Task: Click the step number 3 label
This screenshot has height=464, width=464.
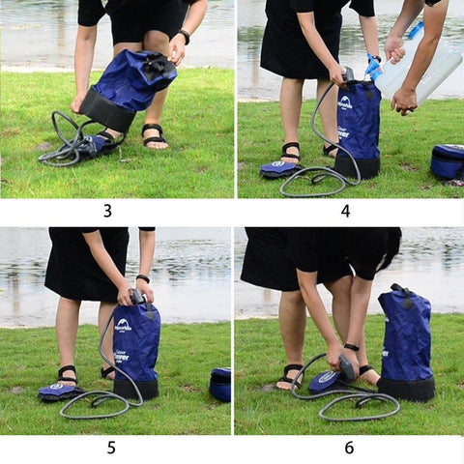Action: coord(107,211)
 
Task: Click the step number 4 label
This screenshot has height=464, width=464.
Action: coord(345,211)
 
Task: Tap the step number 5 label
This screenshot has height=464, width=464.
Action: coord(111,448)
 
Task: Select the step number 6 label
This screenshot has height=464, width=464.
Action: coord(349,448)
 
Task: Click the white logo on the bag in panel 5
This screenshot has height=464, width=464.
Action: coord(123,326)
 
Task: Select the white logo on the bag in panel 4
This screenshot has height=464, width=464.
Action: coord(345,101)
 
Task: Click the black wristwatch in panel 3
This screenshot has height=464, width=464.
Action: coord(182,37)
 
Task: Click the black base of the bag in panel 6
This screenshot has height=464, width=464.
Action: coord(405,389)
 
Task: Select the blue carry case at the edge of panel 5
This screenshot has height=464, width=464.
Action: coord(221,384)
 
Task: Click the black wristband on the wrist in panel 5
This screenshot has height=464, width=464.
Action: coord(143,279)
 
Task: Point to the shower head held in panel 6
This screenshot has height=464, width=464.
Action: coord(346,366)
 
